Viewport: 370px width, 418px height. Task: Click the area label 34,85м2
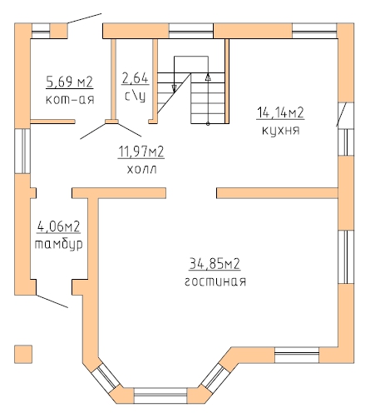pos(215,263)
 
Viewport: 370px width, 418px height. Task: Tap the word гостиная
pos(215,281)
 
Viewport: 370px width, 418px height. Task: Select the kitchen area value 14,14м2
pos(280,112)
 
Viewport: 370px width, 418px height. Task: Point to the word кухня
pos(281,131)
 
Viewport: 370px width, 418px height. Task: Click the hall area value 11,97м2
pos(141,152)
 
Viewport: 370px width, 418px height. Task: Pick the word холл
pos(142,169)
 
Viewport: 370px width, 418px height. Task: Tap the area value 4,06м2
pos(58,226)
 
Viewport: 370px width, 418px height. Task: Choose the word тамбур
pos(59,245)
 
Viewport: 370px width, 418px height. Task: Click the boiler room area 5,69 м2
pos(70,82)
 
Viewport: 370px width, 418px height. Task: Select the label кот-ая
pos(70,99)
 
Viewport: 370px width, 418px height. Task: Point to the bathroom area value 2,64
pos(136,78)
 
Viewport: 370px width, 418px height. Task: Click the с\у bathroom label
pos(136,96)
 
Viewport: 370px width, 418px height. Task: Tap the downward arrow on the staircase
pos(175,88)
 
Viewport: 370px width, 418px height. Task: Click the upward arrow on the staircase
pos(208,77)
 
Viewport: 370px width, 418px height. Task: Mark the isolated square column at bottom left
pos(23,354)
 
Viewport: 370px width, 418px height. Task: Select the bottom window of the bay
pos(160,396)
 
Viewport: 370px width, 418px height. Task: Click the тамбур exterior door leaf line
pos(52,301)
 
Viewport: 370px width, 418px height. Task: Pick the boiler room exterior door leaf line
pos(84,18)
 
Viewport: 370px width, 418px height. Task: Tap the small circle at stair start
pos(208,124)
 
